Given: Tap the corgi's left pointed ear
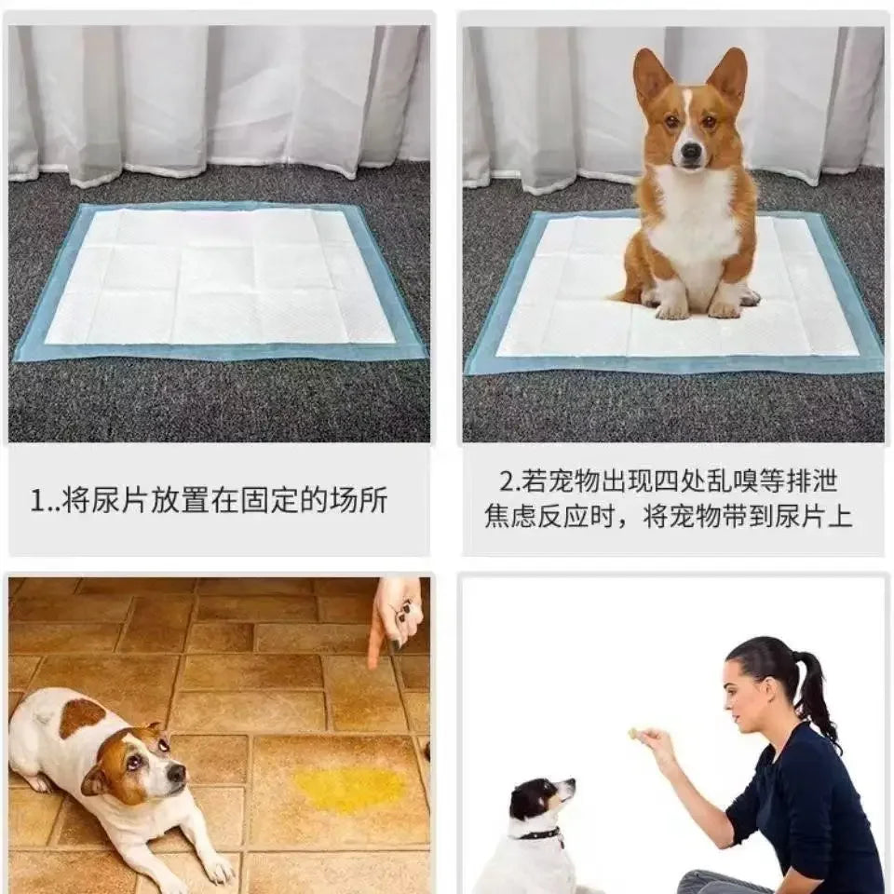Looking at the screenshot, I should [x=651, y=78].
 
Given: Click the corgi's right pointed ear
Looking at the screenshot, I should [x=729, y=76].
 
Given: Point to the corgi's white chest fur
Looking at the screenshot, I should [x=694, y=219].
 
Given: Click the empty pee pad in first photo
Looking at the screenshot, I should [x=220, y=278].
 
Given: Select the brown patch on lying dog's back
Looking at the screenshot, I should [x=81, y=717].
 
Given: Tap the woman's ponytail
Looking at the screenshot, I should [x=813, y=694].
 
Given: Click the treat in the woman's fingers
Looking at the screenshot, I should [x=633, y=734].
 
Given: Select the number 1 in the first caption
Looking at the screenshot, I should [x=38, y=502].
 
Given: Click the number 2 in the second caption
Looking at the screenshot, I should [x=507, y=481].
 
